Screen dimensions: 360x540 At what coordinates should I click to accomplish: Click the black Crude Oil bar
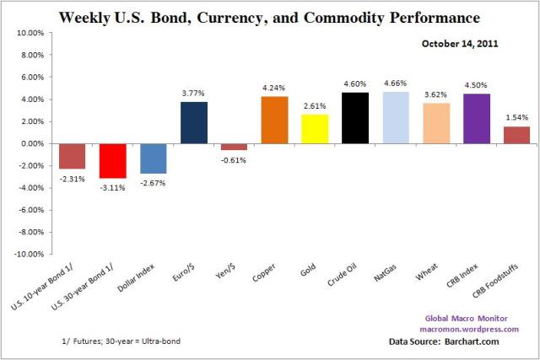[x=355, y=118]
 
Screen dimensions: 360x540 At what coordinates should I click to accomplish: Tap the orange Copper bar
[x=274, y=120]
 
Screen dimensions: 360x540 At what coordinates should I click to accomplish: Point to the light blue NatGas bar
[x=396, y=117]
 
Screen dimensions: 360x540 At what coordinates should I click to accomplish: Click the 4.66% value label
[x=396, y=83]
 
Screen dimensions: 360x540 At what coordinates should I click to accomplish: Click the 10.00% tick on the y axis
[x=30, y=33]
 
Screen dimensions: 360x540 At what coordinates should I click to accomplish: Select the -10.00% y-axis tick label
[x=28, y=254]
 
